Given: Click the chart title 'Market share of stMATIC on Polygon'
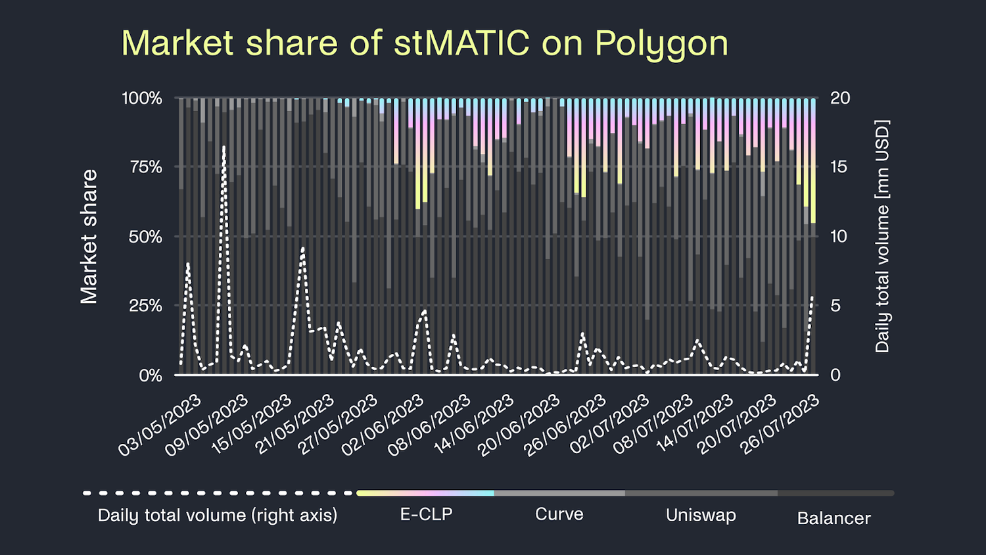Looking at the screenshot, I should (425, 43).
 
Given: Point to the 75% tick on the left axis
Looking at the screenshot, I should (146, 167).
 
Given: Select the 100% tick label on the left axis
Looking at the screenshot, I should (142, 98).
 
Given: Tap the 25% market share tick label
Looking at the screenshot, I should (146, 306).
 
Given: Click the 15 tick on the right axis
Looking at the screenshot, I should (839, 167).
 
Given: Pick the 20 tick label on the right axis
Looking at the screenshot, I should (839, 98).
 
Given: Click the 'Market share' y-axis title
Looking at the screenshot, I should (89, 237).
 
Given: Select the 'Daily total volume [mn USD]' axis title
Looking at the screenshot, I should (882, 236).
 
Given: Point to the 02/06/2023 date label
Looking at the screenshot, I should (383, 425).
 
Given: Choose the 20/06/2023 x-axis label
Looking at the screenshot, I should (519, 425).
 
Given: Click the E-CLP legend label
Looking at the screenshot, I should (426, 514).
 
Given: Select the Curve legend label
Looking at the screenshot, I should (559, 514).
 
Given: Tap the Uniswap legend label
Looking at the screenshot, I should (701, 515).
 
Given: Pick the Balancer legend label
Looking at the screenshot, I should (833, 518).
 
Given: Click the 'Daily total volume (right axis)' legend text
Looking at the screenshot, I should (217, 515).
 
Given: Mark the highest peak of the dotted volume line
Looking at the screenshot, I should (223, 147).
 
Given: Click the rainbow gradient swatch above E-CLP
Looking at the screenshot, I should (425, 493).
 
